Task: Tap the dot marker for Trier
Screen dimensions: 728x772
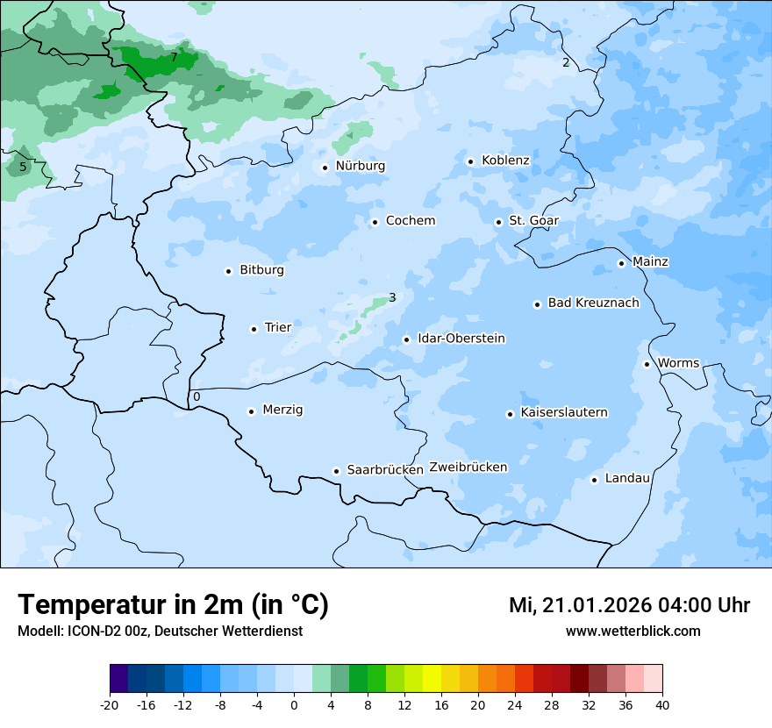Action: [254, 329]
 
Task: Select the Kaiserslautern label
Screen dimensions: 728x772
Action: [564, 412]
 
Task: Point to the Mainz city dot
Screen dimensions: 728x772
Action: [621, 263]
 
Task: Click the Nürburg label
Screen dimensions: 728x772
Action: [360, 166]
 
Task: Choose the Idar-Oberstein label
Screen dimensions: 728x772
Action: [461, 339]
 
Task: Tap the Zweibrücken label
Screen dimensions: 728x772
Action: [468, 467]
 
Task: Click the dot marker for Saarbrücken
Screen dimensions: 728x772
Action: [336, 471]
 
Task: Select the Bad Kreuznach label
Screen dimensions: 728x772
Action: [593, 303]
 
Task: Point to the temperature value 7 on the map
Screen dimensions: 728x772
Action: [174, 57]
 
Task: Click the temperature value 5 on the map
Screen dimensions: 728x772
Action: [23, 167]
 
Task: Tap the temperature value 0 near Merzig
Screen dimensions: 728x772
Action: [197, 396]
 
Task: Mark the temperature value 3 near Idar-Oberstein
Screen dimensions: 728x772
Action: [392, 297]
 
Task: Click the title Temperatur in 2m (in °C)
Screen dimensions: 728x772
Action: [173, 605]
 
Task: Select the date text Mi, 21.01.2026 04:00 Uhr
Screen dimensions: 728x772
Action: [629, 605]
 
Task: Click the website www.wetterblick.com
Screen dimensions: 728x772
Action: [633, 631]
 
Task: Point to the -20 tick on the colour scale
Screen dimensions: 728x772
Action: [110, 705]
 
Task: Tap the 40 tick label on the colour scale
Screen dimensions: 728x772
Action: [662, 705]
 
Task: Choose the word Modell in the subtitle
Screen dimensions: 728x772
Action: [39, 632]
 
